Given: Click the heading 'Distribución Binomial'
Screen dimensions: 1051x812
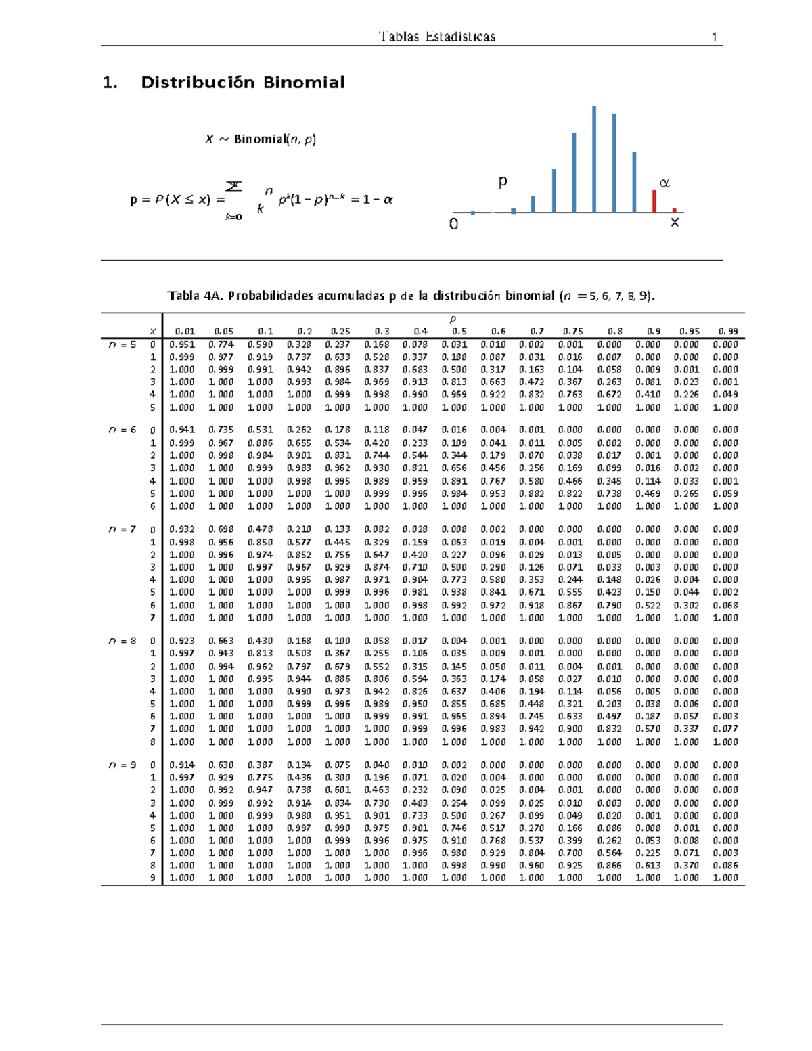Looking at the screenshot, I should point(242,83).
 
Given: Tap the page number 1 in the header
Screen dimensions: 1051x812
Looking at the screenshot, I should point(714,37).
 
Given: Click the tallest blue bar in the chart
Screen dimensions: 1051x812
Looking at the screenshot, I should point(594,159).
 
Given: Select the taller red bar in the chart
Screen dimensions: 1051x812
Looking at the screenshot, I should point(654,201).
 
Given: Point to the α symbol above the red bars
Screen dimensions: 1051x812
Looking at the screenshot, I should point(664,183).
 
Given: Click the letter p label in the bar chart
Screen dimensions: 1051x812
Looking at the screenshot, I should point(502,181).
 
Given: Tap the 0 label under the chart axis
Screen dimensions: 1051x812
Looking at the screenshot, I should point(453,224).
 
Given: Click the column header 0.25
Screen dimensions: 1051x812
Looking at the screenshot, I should point(340,332).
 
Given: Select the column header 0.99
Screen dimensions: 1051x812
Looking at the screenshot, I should point(728,332).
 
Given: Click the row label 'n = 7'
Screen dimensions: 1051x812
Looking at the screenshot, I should point(122,529).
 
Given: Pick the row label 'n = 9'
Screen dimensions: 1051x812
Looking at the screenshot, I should point(122,765).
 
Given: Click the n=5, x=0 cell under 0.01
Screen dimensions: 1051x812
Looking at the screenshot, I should point(181,344).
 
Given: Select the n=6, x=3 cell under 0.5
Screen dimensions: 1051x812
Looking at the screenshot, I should point(454,468).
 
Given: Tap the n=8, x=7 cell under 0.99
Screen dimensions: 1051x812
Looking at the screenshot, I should point(725,729).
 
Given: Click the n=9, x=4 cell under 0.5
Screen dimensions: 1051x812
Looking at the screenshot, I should point(454,815).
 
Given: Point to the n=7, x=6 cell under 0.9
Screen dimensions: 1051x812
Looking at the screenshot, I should point(648,606).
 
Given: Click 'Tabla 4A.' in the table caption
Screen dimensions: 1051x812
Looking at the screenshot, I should point(196,296).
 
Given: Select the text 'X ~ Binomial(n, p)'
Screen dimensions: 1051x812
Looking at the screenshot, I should point(261,139).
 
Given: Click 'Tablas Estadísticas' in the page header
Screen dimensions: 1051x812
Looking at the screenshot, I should point(437,37).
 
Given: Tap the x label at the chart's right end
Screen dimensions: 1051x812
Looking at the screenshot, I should point(674,222).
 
